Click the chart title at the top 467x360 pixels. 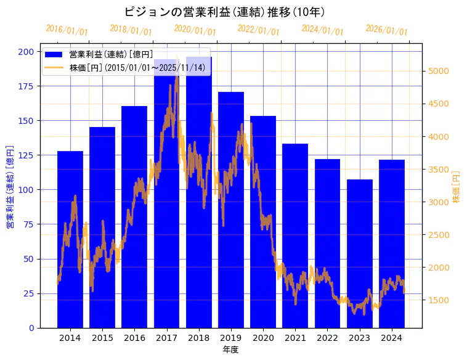click(224, 12)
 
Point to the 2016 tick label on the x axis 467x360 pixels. click(134, 338)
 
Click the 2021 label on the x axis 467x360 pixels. click(295, 338)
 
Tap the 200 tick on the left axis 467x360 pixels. click(26, 51)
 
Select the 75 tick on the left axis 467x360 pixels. click(28, 224)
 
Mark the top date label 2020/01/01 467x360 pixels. click(195, 30)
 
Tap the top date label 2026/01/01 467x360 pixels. click(386, 30)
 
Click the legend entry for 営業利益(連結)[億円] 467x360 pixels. click(111, 55)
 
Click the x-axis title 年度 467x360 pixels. click(230, 350)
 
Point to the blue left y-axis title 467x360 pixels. click(10, 187)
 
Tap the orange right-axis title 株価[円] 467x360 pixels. click(456, 187)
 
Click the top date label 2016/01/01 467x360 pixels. click(67, 30)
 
